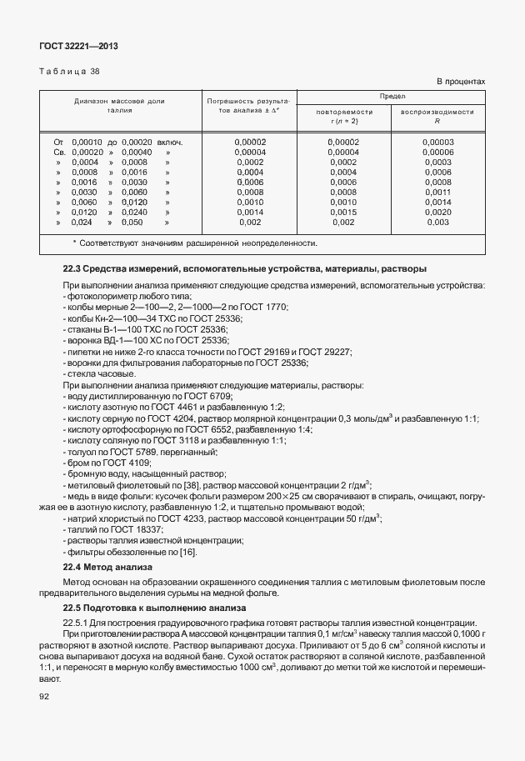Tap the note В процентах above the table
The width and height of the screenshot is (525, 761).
click(x=461, y=81)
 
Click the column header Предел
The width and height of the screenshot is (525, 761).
click(x=391, y=96)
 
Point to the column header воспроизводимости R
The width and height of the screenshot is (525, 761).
click(x=437, y=116)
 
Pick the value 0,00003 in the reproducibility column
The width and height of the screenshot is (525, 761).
click(x=437, y=143)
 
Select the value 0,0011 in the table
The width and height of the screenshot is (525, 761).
click(x=437, y=193)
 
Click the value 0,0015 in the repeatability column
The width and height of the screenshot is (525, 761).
click(x=343, y=213)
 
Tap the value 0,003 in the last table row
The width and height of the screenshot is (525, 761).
click(x=437, y=223)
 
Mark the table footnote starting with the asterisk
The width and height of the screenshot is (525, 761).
click(x=194, y=243)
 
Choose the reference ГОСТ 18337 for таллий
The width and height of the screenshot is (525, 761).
click(x=135, y=529)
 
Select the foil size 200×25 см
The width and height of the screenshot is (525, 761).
click(x=231, y=496)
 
